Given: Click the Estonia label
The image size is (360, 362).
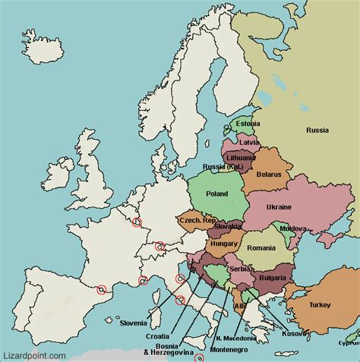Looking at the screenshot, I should coord(248,124).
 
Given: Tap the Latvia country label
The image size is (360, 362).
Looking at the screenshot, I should coord(249,142).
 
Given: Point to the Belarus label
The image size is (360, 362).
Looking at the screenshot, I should coord(268,175).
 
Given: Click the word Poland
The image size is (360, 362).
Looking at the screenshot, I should coord(216,194).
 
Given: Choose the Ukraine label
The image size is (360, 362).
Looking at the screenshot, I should coord(279,206).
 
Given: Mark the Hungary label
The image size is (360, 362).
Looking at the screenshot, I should coord(226,244).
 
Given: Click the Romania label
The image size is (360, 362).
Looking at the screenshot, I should coord(261,247).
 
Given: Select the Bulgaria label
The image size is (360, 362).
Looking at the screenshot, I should coord(271,279).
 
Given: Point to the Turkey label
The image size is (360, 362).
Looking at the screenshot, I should coord(320,305).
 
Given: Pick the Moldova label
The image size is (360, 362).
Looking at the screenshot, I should coord(293,228).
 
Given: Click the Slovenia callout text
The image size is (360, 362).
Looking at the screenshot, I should coord(134,323).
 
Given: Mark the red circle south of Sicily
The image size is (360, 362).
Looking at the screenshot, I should coord(199,358).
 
